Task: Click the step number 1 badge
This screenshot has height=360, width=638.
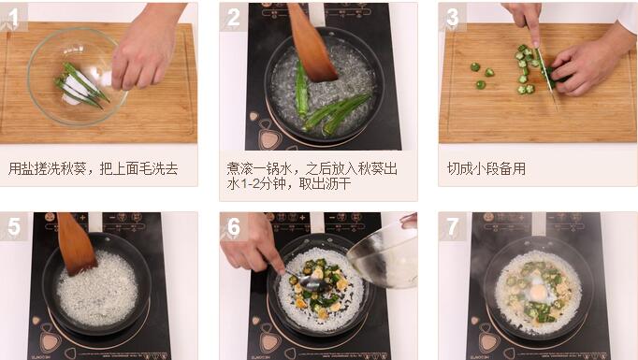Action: tap(14, 17)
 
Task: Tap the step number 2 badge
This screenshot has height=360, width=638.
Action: tap(233, 17)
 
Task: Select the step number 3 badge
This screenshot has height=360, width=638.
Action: tap(452, 17)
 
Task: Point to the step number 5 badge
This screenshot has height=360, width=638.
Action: tap(14, 226)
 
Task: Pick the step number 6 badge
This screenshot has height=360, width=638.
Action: tap(233, 226)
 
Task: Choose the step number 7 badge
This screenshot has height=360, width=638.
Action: tap(452, 226)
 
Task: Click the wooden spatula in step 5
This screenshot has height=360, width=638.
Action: tap(76, 244)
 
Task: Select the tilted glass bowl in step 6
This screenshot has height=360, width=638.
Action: tap(384, 254)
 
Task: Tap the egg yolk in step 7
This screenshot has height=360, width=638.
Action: tap(538, 291)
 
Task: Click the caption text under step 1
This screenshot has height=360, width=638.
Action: tap(94, 168)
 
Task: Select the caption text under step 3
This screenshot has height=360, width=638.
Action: tap(486, 168)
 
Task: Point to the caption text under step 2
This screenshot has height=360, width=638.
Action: tap(312, 176)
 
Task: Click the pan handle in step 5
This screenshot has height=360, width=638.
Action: tap(95, 223)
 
